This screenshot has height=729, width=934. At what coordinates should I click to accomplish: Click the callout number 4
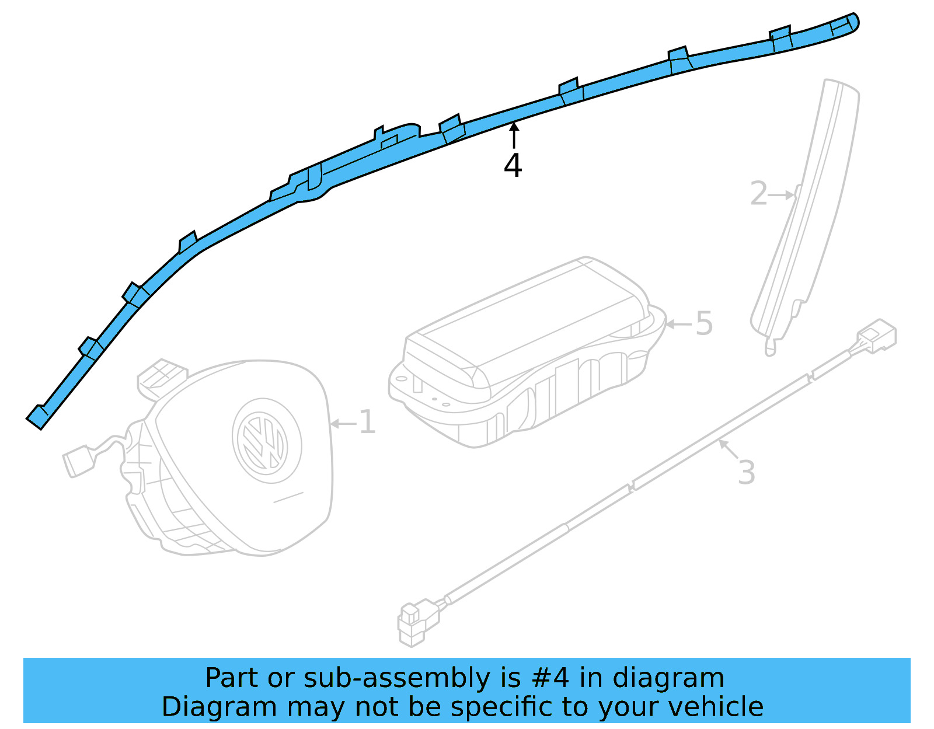point(513,166)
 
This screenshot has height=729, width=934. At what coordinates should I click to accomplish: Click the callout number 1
point(367,423)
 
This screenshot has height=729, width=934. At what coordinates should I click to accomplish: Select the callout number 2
point(758,194)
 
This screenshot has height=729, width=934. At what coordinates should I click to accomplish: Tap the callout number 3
point(746,473)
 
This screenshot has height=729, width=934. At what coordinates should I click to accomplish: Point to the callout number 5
point(704,323)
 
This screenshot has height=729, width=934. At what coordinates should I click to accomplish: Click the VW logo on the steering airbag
point(266,441)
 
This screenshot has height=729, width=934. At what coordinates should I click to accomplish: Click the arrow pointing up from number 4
point(514,134)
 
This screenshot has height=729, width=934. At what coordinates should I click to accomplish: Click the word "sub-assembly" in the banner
point(397,678)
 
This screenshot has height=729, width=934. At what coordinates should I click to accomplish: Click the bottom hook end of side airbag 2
point(771,349)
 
